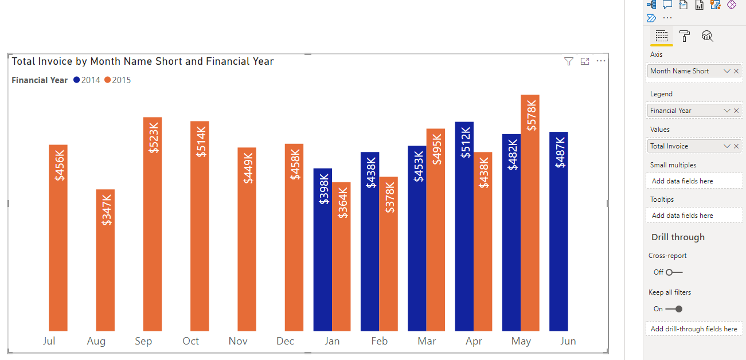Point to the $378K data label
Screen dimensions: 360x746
pos(390,197)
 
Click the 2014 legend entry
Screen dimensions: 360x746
pos(87,80)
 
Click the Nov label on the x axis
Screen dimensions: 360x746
pos(238,341)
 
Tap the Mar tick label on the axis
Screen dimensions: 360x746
pos(426,341)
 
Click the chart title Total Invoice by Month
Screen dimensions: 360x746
pos(143,61)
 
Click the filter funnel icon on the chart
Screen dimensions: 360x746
pos(568,61)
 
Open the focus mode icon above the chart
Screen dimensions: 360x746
pos(585,61)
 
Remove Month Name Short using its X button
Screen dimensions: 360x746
pos(736,71)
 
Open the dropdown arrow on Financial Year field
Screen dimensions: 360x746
pos(727,111)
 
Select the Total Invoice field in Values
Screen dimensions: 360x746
pos(682,146)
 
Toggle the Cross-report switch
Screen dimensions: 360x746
pos(674,272)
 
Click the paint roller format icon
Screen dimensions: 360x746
pos(685,37)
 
